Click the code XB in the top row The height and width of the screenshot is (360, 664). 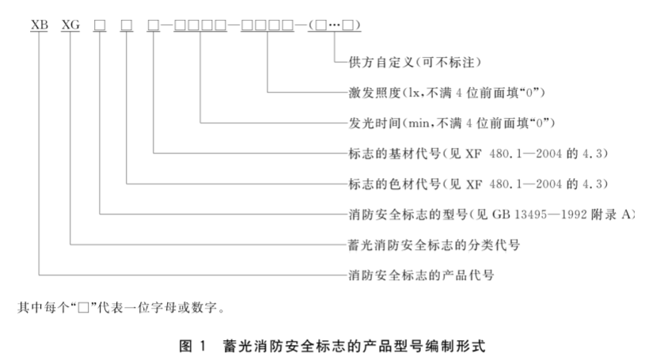click(x=40, y=25)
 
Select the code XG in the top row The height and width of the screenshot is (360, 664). click(x=70, y=25)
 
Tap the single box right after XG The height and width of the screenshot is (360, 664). click(x=100, y=25)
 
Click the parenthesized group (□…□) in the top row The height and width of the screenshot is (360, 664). click(x=335, y=25)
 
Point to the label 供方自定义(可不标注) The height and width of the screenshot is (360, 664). click(x=415, y=63)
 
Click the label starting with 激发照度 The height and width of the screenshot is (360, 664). click(x=447, y=93)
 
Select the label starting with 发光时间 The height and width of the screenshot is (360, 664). click(x=451, y=123)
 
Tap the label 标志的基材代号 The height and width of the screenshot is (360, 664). click(x=395, y=153)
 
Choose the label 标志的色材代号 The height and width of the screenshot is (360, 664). click(x=395, y=184)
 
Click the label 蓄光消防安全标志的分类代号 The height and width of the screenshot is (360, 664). click(x=434, y=244)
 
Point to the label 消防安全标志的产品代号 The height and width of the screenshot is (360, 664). click(x=421, y=275)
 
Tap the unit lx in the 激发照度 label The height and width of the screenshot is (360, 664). click(x=413, y=93)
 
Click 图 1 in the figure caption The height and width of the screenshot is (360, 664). click(x=192, y=346)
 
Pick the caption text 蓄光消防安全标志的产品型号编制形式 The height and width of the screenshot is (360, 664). click(x=354, y=346)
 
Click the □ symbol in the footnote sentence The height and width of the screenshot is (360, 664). click(x=83, y=308)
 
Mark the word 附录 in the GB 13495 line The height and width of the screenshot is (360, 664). click(x=603, y=214)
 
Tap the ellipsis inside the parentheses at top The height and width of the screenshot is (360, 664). click(x=335, y=25)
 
